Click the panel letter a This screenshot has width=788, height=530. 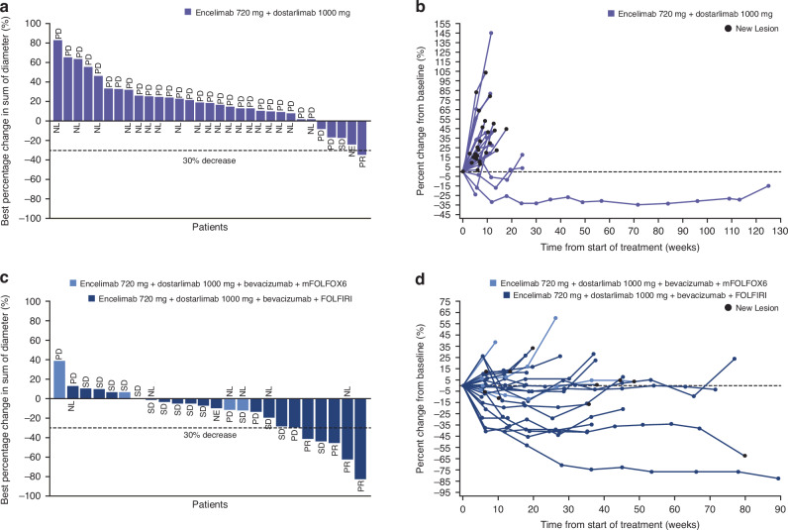(6, 7)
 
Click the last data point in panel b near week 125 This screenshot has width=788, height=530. (767, 186)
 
